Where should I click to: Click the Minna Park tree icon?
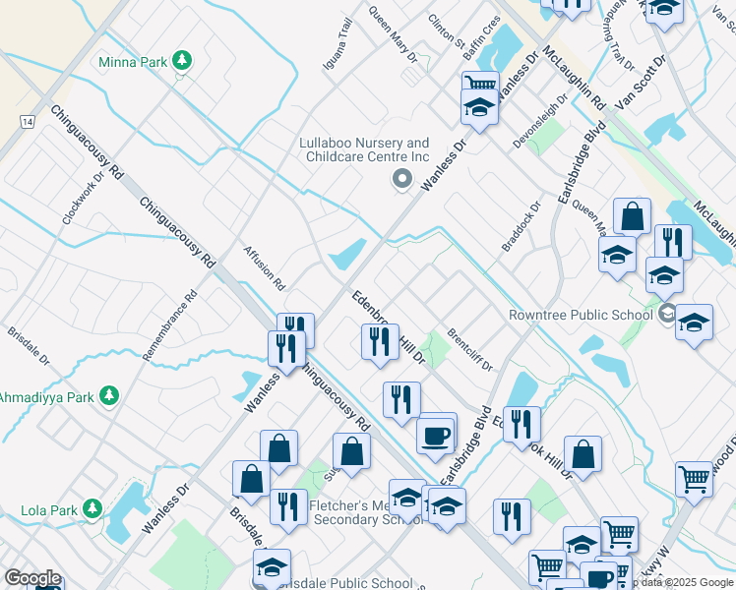click(x=181, y=61)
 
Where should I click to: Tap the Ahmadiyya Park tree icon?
click(x=110, y=396)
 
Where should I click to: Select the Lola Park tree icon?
click(x=92, y=509)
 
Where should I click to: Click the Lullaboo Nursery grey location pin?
click(x=400, y=179)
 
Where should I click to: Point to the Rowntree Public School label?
click(x=580, y=316)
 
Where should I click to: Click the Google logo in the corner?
click(x=32, y=578)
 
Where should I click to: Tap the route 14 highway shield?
click(x=27, y=120)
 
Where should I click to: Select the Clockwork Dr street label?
click(x=83, y=200)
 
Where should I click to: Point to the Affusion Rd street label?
click(x=264, y=267)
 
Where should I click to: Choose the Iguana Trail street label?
click(x=337, y=43)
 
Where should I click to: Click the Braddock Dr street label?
click(x=521, y=226)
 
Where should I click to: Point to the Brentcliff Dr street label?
click(x=469, y=349)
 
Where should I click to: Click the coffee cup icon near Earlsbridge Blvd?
click(x=435, y=434)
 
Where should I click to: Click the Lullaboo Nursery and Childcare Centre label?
click(x=364, y=149)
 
